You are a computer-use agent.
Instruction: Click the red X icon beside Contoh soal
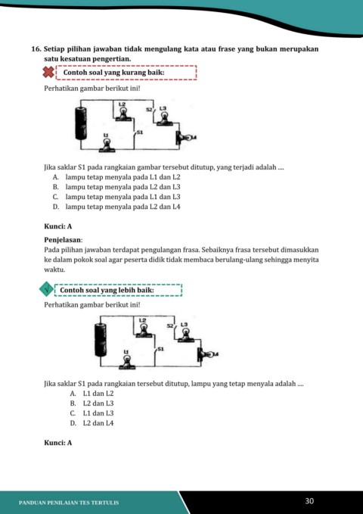coord(48,72)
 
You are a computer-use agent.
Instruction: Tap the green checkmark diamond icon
coord(47,289)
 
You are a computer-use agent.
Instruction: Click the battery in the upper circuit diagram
coord(81,123)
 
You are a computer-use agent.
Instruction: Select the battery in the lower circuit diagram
coord(101,340)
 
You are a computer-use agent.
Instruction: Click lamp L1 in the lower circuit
coord(127,363)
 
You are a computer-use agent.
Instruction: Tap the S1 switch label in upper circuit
coord(140,132)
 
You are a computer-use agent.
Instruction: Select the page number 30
coord(309,501)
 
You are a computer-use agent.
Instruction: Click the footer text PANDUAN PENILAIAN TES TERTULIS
coord(69,503)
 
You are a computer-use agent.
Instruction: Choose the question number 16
coord(36,49)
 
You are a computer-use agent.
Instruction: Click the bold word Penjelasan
coord(64,240)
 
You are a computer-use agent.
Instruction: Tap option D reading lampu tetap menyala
coord(116,207)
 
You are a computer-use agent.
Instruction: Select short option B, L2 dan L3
coord(92,403)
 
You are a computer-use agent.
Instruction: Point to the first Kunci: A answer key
coord(58,226)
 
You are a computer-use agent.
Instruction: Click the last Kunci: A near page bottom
coord(58,443)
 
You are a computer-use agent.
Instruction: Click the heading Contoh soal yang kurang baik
coord(113,73)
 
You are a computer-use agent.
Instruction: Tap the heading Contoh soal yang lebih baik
coord(107,291)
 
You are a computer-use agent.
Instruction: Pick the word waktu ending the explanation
coord(54,269)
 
